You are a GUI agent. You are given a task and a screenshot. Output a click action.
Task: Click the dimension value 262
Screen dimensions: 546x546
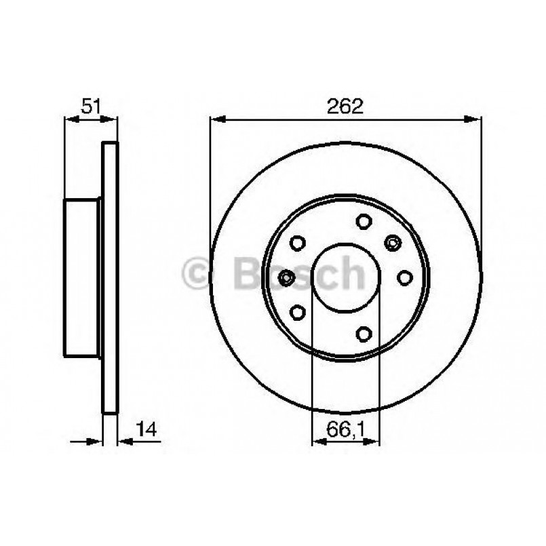(346, 106)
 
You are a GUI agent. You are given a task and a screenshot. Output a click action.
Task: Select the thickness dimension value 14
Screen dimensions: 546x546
(147, 429)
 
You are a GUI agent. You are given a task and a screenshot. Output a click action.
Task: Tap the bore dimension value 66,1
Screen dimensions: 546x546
(345, 429)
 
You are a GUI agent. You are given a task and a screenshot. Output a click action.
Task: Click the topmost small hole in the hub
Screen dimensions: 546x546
(363, 221)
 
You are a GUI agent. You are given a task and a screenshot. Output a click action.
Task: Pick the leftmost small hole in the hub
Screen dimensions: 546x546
(287, 277)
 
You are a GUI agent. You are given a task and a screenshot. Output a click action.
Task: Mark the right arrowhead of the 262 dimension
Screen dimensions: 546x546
(475, 120)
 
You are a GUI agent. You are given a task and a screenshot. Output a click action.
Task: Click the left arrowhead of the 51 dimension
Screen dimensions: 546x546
(70, 120)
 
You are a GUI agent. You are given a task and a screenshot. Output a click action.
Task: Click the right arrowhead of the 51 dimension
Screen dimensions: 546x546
(112, 120)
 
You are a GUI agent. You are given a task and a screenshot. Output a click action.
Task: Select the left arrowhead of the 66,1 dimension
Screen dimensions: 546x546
(317, 442)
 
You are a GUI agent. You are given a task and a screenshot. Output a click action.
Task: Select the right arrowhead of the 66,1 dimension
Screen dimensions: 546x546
(374, 442)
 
